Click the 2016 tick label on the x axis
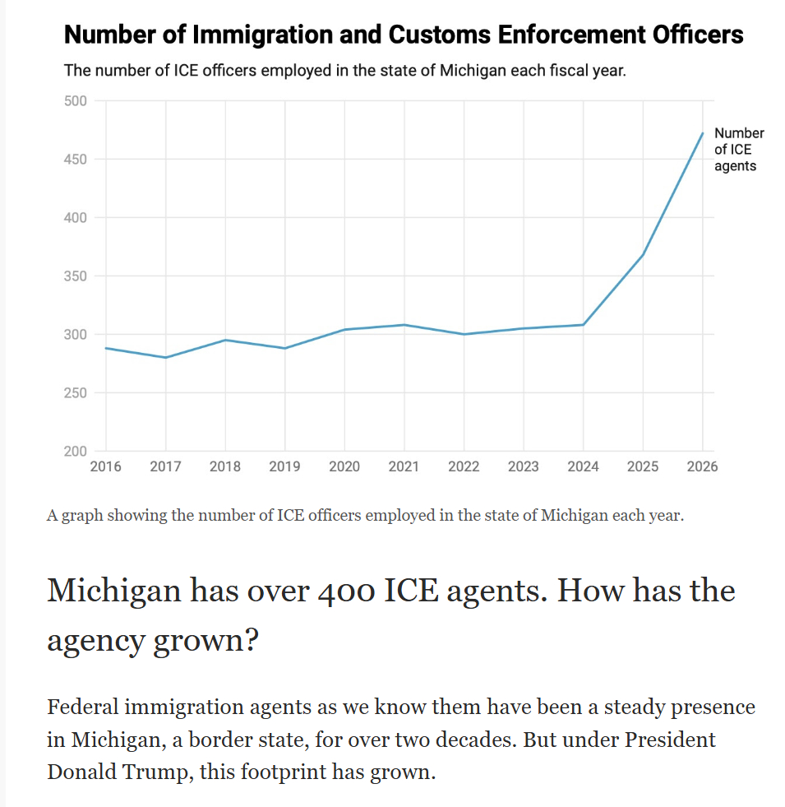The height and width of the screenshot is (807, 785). [x=105, y=466]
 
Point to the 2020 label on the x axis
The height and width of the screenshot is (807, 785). [x=344, y=466]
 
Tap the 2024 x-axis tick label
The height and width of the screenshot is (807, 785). [x=583, y=466]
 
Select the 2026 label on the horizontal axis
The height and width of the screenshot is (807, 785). [x=702, y=466]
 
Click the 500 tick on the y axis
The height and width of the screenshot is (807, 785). [x=75, y=101]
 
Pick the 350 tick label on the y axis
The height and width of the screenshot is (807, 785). [x=75, y=276]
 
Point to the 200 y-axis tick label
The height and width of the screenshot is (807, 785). [x=75, y=452]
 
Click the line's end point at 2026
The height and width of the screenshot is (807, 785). [x=703, y=133]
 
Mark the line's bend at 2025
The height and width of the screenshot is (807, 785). [x=643, y=254]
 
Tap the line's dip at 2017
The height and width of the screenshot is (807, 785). [x=165, y=358]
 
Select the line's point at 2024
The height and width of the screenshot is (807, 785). [x=583, y=325]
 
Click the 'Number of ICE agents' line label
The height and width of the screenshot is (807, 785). [x=739, y=150]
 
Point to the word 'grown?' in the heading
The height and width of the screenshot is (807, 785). [x=206, y=640]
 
